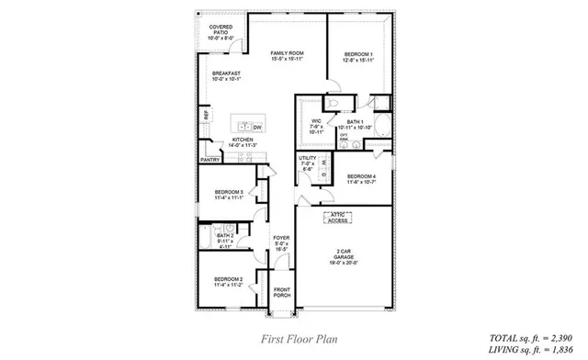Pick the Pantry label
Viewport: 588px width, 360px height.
209,160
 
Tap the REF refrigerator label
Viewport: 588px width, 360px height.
207,117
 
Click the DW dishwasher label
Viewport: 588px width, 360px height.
257,127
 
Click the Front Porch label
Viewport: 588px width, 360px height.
282,292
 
